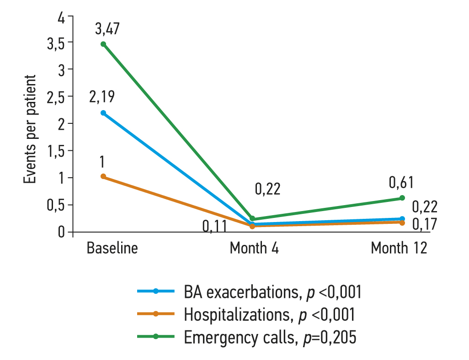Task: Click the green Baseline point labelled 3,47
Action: click(x=103, y=44)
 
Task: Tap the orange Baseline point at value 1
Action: click(x=103, y=176)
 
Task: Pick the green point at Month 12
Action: click(x=402, y=198)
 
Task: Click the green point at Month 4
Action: click(x=252, y=219)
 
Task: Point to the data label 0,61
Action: click(x=401, y=183)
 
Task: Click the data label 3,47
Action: click(x=107, y=29)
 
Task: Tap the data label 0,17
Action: click(x=425, y=224)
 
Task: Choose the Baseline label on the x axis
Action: click(x=112, y=248)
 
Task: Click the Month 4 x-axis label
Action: click(x=254, y=248)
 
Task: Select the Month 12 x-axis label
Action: click(x=399, y=248)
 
